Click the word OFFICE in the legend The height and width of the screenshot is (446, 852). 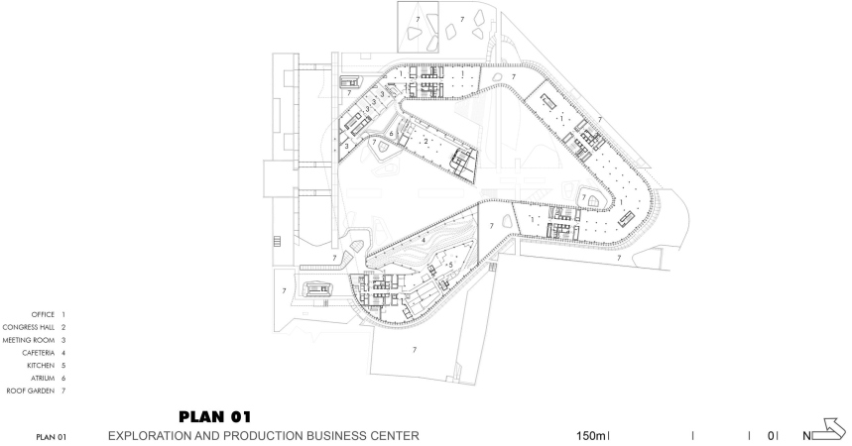43,314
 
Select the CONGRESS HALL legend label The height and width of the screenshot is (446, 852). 29,328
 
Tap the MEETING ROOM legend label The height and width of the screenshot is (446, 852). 29,340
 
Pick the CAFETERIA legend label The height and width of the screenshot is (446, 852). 38,353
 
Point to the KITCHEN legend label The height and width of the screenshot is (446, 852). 41,366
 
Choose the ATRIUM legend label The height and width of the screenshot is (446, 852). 43,378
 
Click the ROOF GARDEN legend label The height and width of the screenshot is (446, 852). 31,390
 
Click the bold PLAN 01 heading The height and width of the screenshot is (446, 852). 215,417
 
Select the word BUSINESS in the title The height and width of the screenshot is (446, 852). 337,436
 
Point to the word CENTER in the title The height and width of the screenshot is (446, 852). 395,436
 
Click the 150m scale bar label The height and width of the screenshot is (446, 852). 590,436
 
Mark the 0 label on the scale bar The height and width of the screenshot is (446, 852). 771,436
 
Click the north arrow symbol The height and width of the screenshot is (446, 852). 829,429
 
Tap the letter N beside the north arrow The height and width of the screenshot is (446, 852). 807,436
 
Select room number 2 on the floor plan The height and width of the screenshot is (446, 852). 426,142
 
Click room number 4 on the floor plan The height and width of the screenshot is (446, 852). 424,240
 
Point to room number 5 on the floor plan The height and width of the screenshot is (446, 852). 450,265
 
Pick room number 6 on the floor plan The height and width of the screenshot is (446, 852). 391,133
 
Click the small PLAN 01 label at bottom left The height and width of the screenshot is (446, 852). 52,437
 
